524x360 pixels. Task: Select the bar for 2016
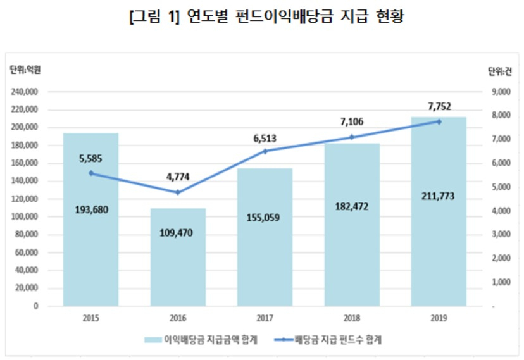pos(178,257)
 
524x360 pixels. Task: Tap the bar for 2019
pos(439,212)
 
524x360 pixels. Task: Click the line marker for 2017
pos(265,151)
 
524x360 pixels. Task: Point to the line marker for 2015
pos(91,173)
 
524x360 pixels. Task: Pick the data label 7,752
pos(439,106)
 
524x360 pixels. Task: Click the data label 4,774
pos(178,177)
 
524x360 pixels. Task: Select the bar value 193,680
pos(91,209)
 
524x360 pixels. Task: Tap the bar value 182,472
pos(352,206)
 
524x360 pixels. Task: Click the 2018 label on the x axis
pos(352,318)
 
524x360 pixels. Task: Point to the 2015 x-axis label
pos(91,318)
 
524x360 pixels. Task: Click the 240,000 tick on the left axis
pos(25,92)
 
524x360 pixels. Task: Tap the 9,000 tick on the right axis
pos(501,92)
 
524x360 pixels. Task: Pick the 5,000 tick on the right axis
pos(501,187)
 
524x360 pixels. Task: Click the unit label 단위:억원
pos(25,70)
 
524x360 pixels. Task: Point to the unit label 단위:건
pos(499,71)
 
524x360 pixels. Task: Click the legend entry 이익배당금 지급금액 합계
pos(201,340)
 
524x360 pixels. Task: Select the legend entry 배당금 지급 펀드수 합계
pos(328,340)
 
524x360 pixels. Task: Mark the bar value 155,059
pos(263,218)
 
